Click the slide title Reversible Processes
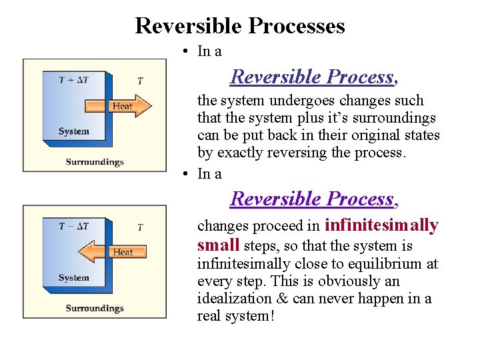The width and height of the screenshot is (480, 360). pos(240,26)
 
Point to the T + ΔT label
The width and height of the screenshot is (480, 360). pos(73,80)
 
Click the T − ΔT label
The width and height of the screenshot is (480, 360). pos(73,226)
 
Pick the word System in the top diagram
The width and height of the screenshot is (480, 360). pos(73,131)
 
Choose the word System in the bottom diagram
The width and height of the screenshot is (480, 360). pos(73,278)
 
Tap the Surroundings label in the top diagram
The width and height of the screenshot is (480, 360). pos(95,162)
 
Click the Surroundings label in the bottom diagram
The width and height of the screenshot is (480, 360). pos(95,308)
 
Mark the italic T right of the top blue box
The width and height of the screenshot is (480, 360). pos(140,81)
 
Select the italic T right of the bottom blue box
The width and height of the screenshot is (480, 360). pos(140,227)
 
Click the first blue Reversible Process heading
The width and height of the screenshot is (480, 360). pos(314,77)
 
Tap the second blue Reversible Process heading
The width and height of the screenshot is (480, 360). pos(314,199)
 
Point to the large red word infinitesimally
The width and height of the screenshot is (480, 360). pos(381,225)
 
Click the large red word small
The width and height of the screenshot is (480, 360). pos(218,245)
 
